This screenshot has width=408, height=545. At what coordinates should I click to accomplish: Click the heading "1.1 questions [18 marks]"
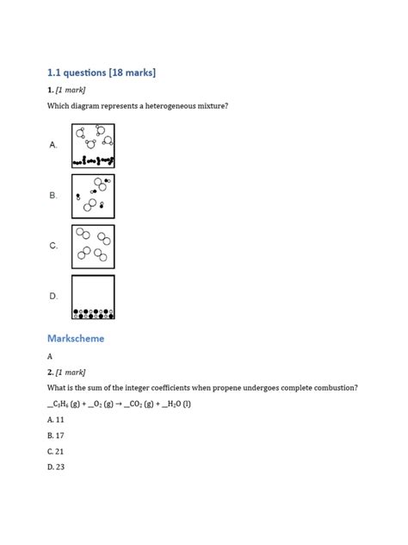[101, 72]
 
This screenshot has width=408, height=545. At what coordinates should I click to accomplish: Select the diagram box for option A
[93, 145]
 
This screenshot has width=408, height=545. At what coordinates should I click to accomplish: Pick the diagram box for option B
[93, 196]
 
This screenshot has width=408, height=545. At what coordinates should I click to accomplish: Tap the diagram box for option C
[93, 246]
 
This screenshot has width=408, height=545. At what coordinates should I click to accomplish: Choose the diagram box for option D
[93, 297]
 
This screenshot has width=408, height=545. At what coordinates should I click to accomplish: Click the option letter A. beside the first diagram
[53, 145]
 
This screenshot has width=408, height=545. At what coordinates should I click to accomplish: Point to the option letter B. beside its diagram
[53, 196]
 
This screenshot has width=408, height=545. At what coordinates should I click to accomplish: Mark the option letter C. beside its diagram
[53, 246]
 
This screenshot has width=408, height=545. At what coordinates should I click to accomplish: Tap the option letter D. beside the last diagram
[53, 297]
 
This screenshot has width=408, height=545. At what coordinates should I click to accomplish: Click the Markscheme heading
[76, 338]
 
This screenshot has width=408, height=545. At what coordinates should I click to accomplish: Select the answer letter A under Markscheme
[50, 356]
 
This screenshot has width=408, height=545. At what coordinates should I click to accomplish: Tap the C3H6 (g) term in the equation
[67, 404]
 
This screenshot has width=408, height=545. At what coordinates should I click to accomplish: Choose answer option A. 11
[56, 419]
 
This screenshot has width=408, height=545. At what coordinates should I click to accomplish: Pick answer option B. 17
[56, 435]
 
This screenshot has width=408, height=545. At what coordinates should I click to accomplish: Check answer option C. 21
[56, 451]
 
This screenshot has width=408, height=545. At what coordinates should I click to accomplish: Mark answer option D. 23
[56, 467]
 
